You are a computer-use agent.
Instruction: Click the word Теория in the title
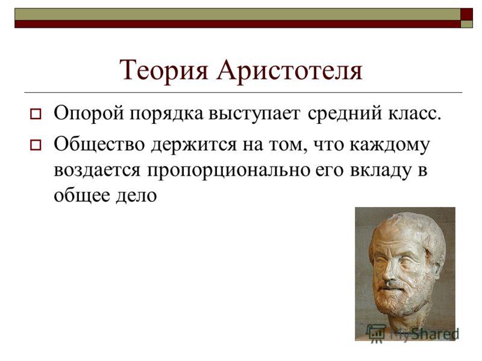pos(164,70)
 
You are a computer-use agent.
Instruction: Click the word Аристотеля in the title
pos(290,70)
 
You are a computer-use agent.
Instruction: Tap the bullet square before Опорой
pos(36,114)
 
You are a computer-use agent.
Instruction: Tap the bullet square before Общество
pos(36,145)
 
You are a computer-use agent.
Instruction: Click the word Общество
pos(99,144)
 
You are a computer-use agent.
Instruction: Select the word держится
pos(193,146)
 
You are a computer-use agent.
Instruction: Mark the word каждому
pos(389,146)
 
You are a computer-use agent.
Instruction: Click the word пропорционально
pos(228,171)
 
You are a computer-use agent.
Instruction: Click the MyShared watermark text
pos(424,334)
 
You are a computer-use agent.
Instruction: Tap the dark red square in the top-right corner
pos(466,14)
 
